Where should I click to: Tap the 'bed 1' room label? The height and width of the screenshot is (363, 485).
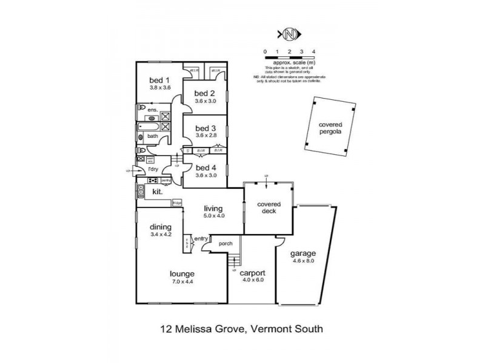tap(159, 80)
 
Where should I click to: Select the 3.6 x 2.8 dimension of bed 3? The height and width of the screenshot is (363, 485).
tap(204, 136)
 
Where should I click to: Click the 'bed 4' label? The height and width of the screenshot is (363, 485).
tap(204, 168)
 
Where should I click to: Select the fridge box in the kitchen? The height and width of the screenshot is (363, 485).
tap(177, 203)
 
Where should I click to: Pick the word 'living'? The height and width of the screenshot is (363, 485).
tap(213, 209)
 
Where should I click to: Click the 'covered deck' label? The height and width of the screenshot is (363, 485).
tap(267, 208)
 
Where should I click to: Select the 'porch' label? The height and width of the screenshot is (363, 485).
tap(218, 244)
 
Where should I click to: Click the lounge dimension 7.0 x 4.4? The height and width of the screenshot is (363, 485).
tap(182, 281)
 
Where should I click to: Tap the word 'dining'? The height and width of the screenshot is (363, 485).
tap(161, 227)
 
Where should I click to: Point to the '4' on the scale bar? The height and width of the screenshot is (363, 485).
tap(313, 51)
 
